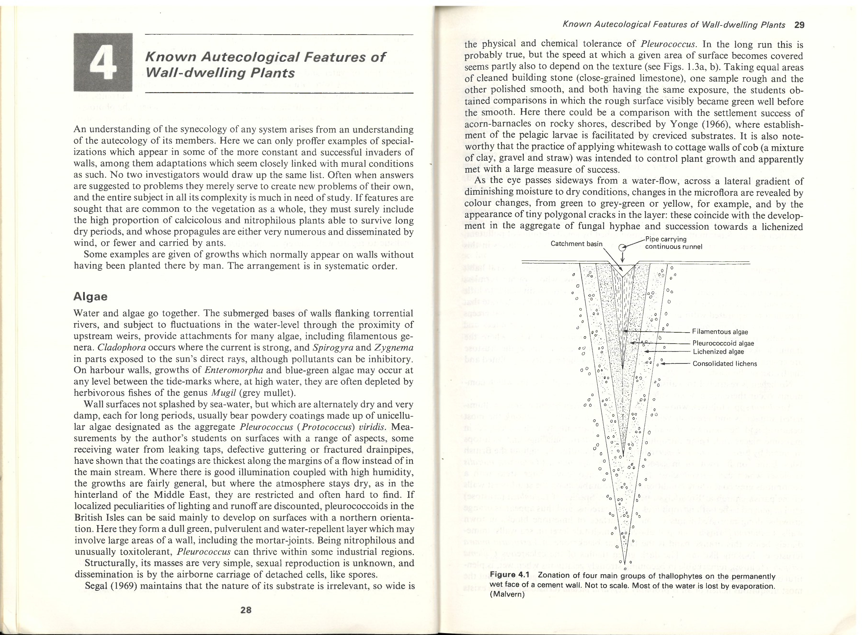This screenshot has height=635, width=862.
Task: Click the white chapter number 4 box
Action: point(103,62)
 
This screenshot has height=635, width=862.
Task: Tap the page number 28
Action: point(245,609)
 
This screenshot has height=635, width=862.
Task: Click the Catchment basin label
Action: point(576,243)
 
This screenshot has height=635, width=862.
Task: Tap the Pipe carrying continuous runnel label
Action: point(673,243)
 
